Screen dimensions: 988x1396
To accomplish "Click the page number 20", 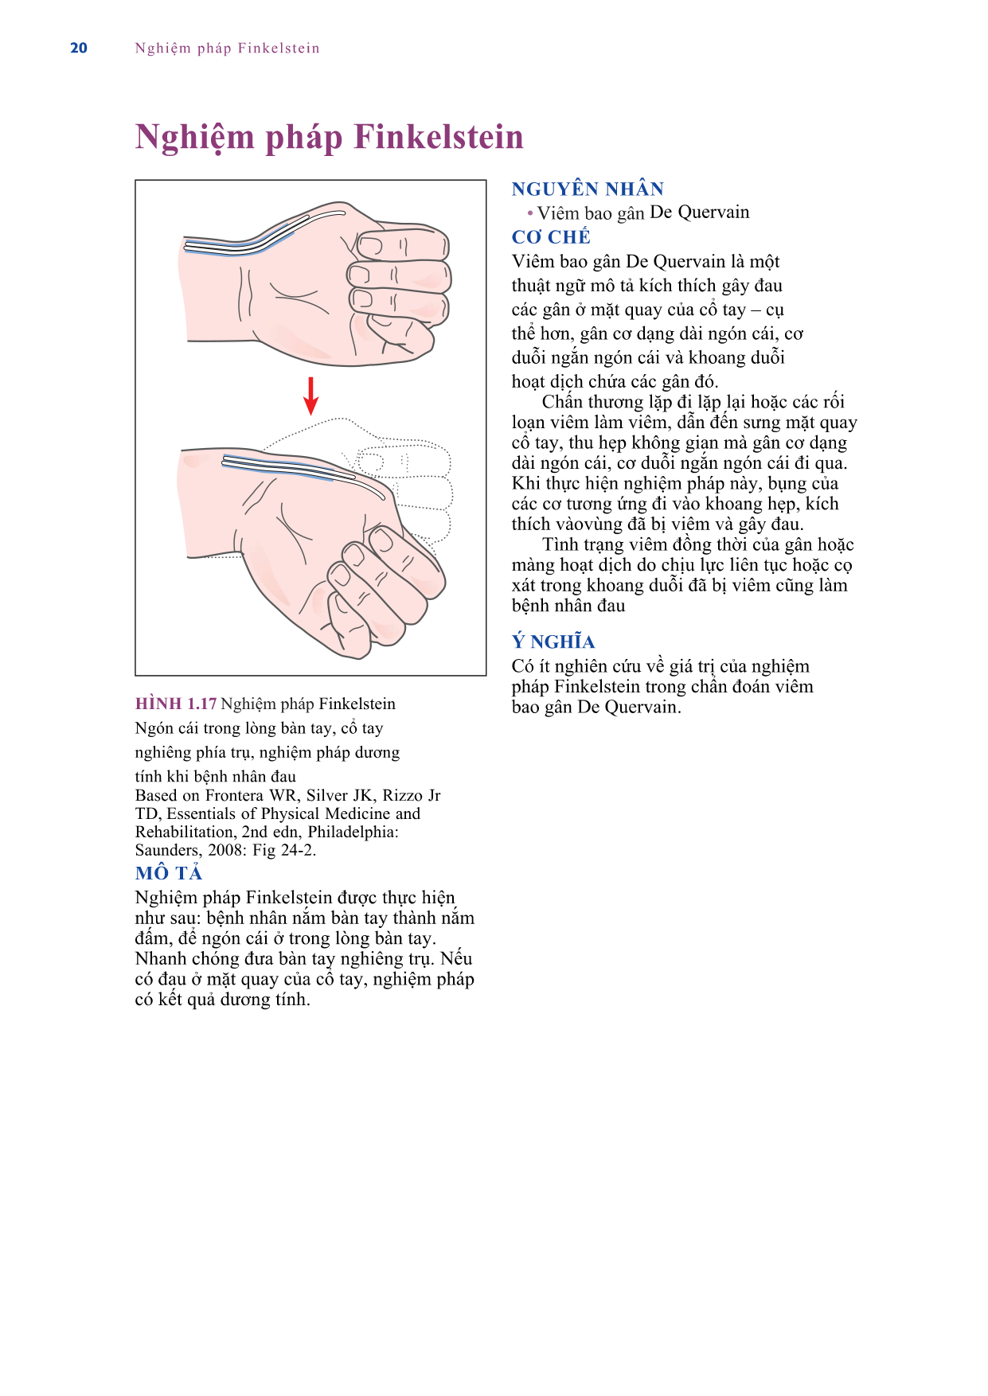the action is pos(79,48).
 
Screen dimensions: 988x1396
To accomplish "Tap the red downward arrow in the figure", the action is pos(311,396).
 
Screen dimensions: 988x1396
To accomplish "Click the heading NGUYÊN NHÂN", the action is pos(588,189).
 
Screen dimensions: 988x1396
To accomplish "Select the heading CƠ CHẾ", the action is pos(551,236).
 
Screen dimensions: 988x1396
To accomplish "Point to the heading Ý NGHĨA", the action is pos(553,641).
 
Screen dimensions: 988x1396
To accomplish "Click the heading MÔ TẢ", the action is pos(169,873).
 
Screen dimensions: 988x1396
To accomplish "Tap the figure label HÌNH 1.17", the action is pos(176,704).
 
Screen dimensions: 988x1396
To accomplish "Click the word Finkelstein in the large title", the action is pos(439,136).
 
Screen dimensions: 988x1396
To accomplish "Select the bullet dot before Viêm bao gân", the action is pos(530,213).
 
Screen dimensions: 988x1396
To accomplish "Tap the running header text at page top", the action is pos(227,48).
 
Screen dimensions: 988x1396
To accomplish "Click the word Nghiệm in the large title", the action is pos(195,137).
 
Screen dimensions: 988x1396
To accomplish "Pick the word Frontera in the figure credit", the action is pos(235,795).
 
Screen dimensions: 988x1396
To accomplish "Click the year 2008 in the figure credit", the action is pos(225,850).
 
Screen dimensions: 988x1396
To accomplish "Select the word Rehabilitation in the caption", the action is pos(185,832).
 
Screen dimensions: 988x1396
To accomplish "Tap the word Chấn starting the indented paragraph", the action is pos(562,402).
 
